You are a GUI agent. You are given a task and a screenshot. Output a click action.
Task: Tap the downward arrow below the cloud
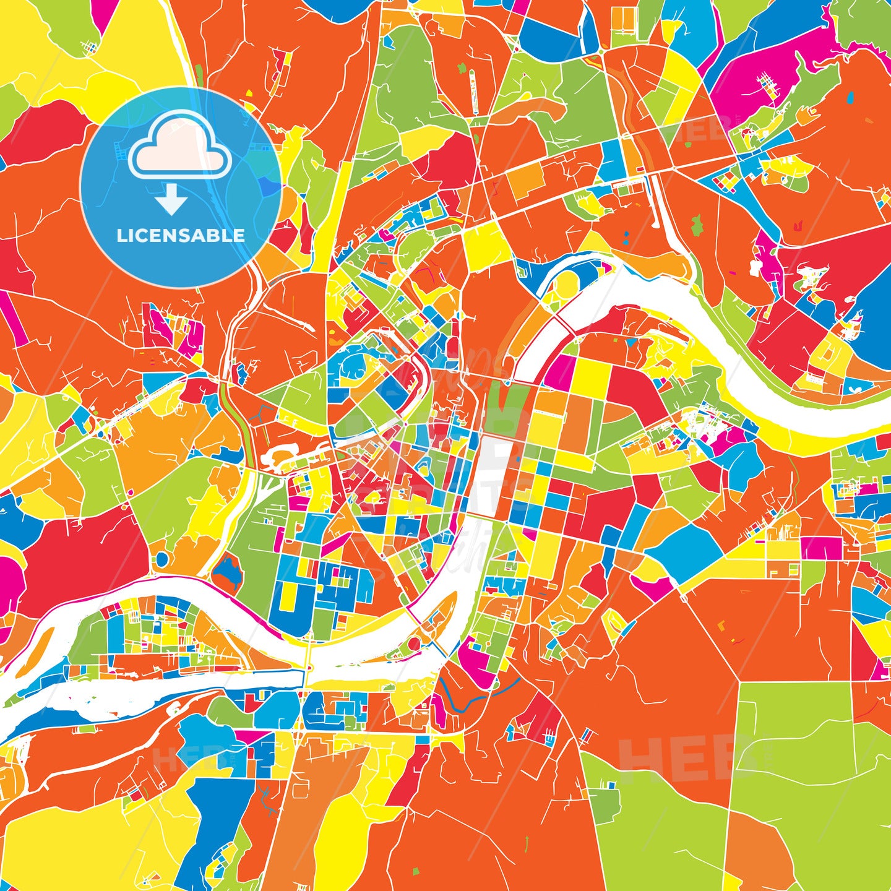point(171,200)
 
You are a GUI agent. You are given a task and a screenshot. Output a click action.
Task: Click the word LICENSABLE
point(181,235)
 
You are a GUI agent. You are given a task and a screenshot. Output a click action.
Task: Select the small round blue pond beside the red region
point(161,559)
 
